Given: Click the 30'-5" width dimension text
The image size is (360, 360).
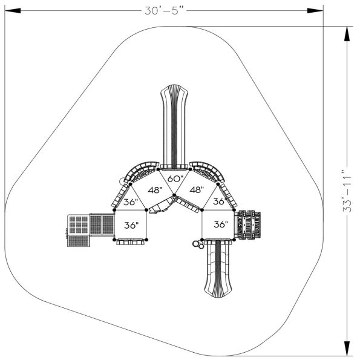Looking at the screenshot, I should (162, 10).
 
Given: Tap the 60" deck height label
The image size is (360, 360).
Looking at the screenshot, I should (175, 178).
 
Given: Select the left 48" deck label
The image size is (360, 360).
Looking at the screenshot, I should (155, 189).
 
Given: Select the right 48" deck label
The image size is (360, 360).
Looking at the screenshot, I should (196, 189).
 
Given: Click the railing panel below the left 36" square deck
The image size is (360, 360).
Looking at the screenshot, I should (131, 242).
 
